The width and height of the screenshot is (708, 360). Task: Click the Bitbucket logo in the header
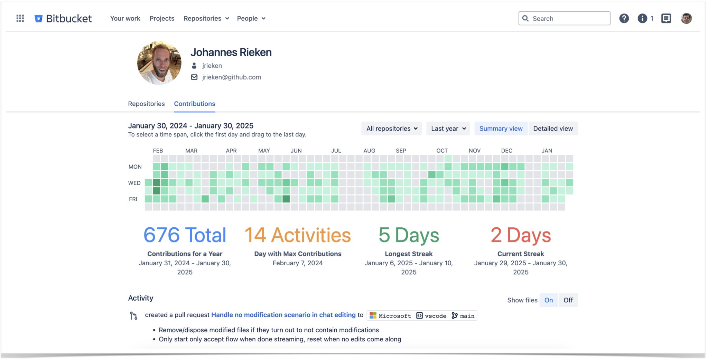click(63, 18)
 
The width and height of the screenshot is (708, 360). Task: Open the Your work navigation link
click(125, 18)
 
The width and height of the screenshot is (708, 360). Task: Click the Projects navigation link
click(162, 18)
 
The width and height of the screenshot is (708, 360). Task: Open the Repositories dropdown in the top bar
click(206, 18)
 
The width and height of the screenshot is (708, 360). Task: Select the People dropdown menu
click(251, 18)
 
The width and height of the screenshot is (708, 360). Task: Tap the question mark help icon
click(624, 18)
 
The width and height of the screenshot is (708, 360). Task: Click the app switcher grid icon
click(20, 18)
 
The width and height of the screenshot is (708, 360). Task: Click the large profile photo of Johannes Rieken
click(159, 63)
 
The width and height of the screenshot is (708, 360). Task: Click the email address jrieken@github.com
click(231, 77)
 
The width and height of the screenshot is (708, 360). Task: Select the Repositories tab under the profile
click(146, 104)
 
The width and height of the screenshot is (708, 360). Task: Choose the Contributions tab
click(194, 104)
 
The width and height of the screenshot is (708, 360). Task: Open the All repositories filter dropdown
click(391, 129)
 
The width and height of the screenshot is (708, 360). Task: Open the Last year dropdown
click(448, 129)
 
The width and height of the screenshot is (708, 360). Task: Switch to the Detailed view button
click(553, 129)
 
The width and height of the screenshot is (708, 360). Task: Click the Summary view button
click(501, 129)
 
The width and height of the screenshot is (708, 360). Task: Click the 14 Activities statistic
click(298, 235)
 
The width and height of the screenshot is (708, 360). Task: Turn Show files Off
click(568, 300)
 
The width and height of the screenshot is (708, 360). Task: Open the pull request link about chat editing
click(283, 315)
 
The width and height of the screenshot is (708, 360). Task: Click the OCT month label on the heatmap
click(442, 151)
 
